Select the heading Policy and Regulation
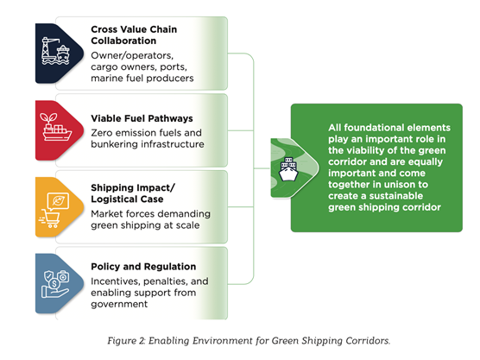[x=142, y=266]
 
